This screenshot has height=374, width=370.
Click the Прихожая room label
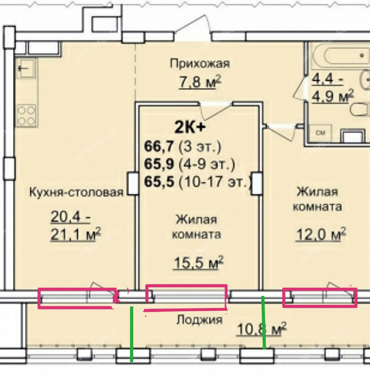(x=200, y=64)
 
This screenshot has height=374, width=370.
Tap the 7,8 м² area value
(x=200, y=82)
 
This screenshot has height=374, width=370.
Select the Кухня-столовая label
(x=76, y=192)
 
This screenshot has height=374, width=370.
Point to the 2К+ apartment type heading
(x=190, y=127)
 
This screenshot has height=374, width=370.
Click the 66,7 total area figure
(x=159, y=146)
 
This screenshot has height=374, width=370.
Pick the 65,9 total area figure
(x=159, y=164)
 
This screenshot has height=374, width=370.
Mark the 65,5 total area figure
(x=159, y=182)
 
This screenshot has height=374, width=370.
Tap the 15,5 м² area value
(x=198, y=262)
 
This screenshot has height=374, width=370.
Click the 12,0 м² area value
(x=321, y=234)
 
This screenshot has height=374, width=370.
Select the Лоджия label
(x=199, y=320)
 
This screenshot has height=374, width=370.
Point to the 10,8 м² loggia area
(x=262, y=329)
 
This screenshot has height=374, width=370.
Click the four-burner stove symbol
(x=26, y=116)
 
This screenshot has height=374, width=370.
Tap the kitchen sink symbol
(x=27, y=69)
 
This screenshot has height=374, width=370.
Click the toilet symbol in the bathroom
(x=361, y=110)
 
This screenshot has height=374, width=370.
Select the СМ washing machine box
(x=320, y=133)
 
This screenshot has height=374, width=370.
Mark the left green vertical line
(x=131, y=334)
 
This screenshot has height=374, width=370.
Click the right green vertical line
(x=263, y=322)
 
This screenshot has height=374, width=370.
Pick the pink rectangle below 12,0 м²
(x=320, y=297)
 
